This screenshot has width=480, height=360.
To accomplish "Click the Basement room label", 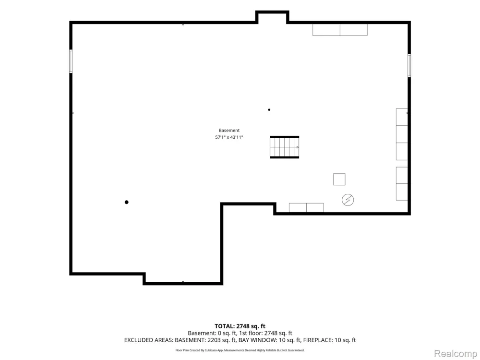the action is pos(229,131).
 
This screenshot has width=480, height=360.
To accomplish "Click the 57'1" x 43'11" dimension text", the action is pos(229,137).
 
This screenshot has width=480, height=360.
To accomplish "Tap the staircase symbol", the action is pos(284,147).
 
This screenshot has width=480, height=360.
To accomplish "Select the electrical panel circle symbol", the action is pos(348,200).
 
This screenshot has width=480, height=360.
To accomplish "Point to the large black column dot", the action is pos(126,202).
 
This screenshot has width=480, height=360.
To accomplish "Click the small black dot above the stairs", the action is pos(269,109).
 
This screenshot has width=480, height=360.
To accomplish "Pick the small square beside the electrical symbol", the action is pos(339,180).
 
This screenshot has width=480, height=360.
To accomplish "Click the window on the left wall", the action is pos(71,61).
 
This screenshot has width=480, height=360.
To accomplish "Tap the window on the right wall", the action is pos(409,65).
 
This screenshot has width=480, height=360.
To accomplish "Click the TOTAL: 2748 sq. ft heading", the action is pos(240,326).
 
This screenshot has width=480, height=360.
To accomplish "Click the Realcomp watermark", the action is pos(455,354).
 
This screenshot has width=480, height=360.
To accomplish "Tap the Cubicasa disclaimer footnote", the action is pos(240,350).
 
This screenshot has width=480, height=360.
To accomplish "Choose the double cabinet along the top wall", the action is pos(340,30).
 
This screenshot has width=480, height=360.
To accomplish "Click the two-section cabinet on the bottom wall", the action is pos(306,207).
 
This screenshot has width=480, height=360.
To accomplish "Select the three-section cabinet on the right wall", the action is pos(402,134).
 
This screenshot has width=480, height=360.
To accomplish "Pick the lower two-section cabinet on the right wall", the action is pos(402,184).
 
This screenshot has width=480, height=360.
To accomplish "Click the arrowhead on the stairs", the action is pos(298,147).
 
